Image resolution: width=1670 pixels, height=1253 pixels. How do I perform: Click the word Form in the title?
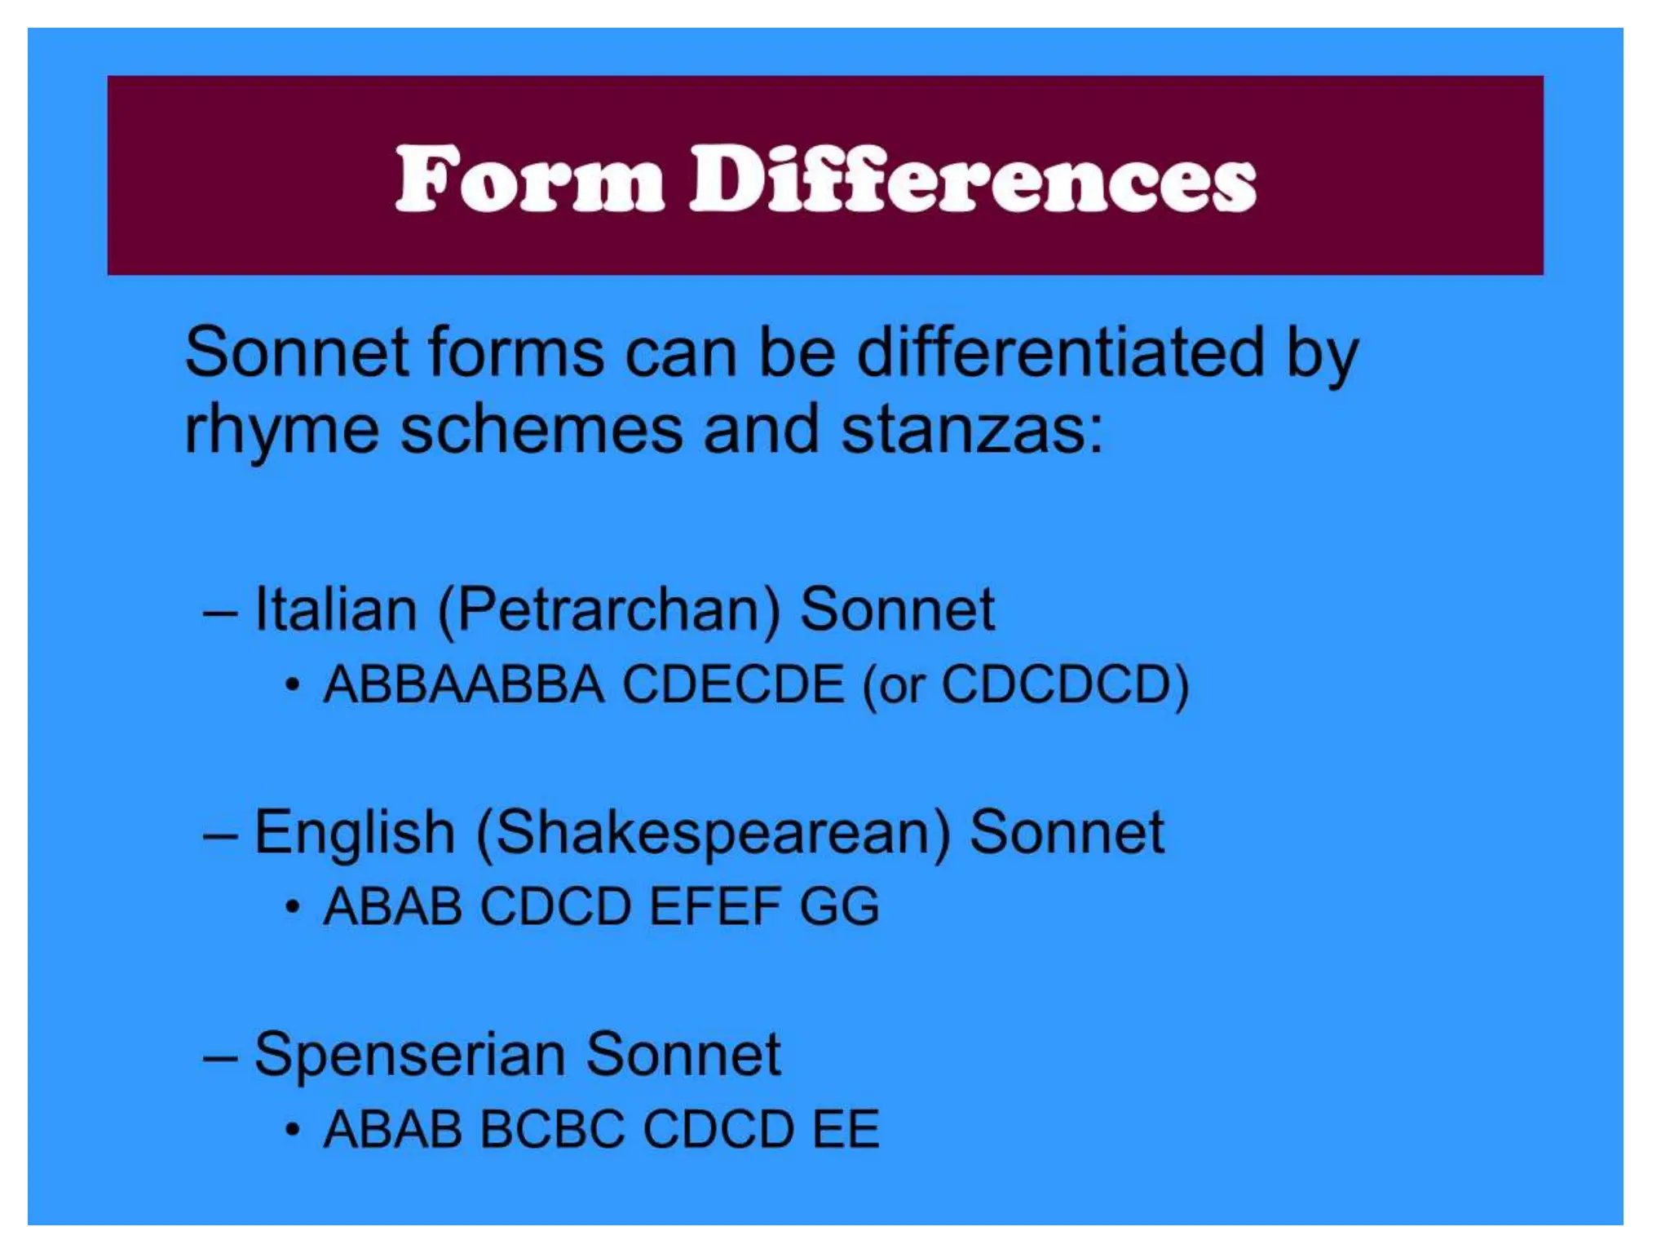(x=529, y=179)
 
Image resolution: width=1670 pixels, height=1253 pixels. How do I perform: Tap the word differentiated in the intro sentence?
(x=1061, y=352)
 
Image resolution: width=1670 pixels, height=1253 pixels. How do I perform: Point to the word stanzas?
(x=971, y=430)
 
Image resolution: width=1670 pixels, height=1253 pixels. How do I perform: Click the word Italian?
(x=336, y=609)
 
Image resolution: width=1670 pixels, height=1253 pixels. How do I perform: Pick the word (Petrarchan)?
(x=609, y=611)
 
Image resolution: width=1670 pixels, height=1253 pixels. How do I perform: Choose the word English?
(x=355, y=833)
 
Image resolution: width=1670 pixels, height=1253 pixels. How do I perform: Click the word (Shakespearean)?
(x=714, y=833)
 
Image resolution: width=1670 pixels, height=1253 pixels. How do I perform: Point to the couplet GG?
(x=839, y=906)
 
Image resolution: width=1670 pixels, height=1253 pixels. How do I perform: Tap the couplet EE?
(x=846, y=1129)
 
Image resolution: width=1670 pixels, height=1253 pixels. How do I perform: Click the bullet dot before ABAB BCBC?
(x=293, y=1130)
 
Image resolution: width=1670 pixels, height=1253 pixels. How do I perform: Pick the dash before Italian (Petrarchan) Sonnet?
(x=220, y=611)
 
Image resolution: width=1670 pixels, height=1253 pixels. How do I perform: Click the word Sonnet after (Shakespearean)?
(x=1067, y=833)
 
